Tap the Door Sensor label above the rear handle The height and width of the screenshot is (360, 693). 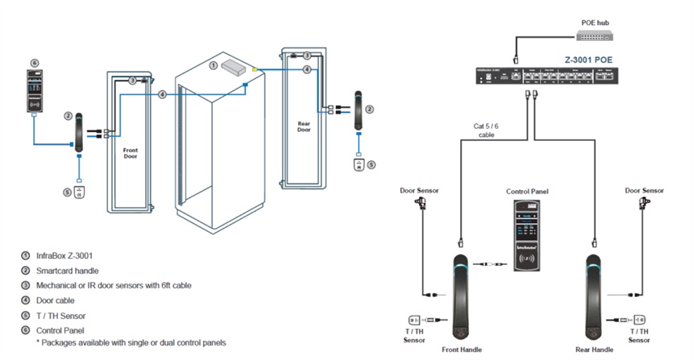tap(645, 191)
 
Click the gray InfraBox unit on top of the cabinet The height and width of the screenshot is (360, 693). tap(234, 67)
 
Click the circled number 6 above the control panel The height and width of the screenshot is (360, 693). tap(34, 62)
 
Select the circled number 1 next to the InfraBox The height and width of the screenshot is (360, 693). tap(213, 64)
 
